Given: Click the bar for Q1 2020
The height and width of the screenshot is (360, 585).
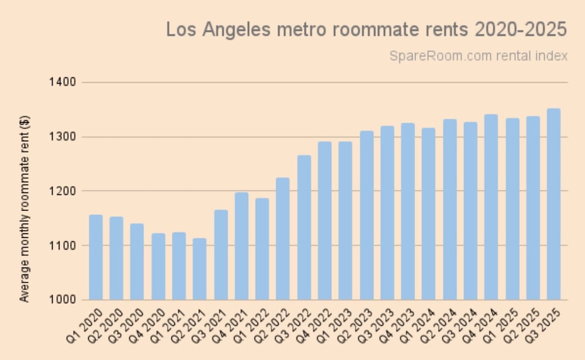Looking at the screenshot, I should pyautogui.click(x=95, y=258).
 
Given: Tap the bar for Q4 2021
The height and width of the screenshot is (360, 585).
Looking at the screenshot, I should pyautogui.click(x=242, y=246).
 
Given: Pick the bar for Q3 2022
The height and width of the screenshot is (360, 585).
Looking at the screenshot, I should pyautogui.click(x=304, y=228).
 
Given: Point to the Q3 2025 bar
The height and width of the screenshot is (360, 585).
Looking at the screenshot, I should pyautogui.click(x=553, y=205).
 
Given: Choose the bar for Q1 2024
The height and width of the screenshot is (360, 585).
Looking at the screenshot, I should pyautogui.click(x=429, y=214).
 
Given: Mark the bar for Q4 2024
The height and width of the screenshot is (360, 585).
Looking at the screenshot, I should pyautogui.click(x=491, y=208).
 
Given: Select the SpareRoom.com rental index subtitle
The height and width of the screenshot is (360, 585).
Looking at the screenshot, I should pyautogui.click(x=478, y=56).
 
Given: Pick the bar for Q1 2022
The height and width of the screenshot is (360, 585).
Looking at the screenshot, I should pyautogui.click(x=262, y=249).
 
